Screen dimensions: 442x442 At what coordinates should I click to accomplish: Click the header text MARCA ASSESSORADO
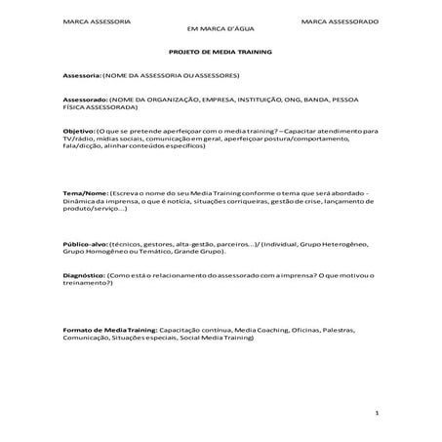point(340,20)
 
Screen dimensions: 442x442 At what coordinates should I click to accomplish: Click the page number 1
point(376,414)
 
